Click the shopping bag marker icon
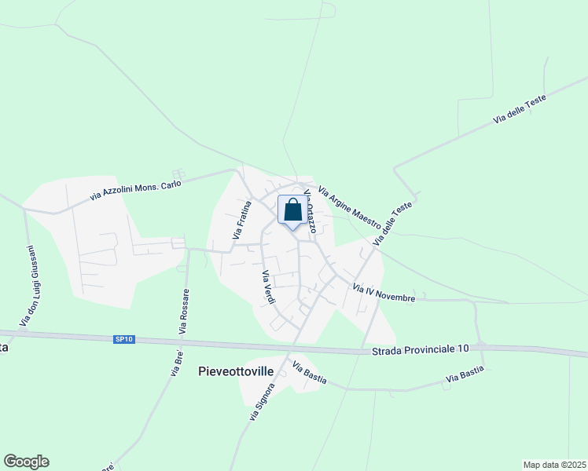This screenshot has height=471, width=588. coord(292,210)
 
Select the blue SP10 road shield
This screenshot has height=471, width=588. coord(124,339)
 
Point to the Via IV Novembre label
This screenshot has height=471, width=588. coord(384,293)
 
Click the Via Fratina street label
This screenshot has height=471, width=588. coord(242,220)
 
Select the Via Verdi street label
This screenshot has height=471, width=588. coord(267,288)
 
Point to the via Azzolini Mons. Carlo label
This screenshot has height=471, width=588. coord(136,189)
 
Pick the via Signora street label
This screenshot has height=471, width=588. coord(263,402)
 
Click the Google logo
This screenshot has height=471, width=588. coord(26,462)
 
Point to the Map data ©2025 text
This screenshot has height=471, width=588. coord(554,464)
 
